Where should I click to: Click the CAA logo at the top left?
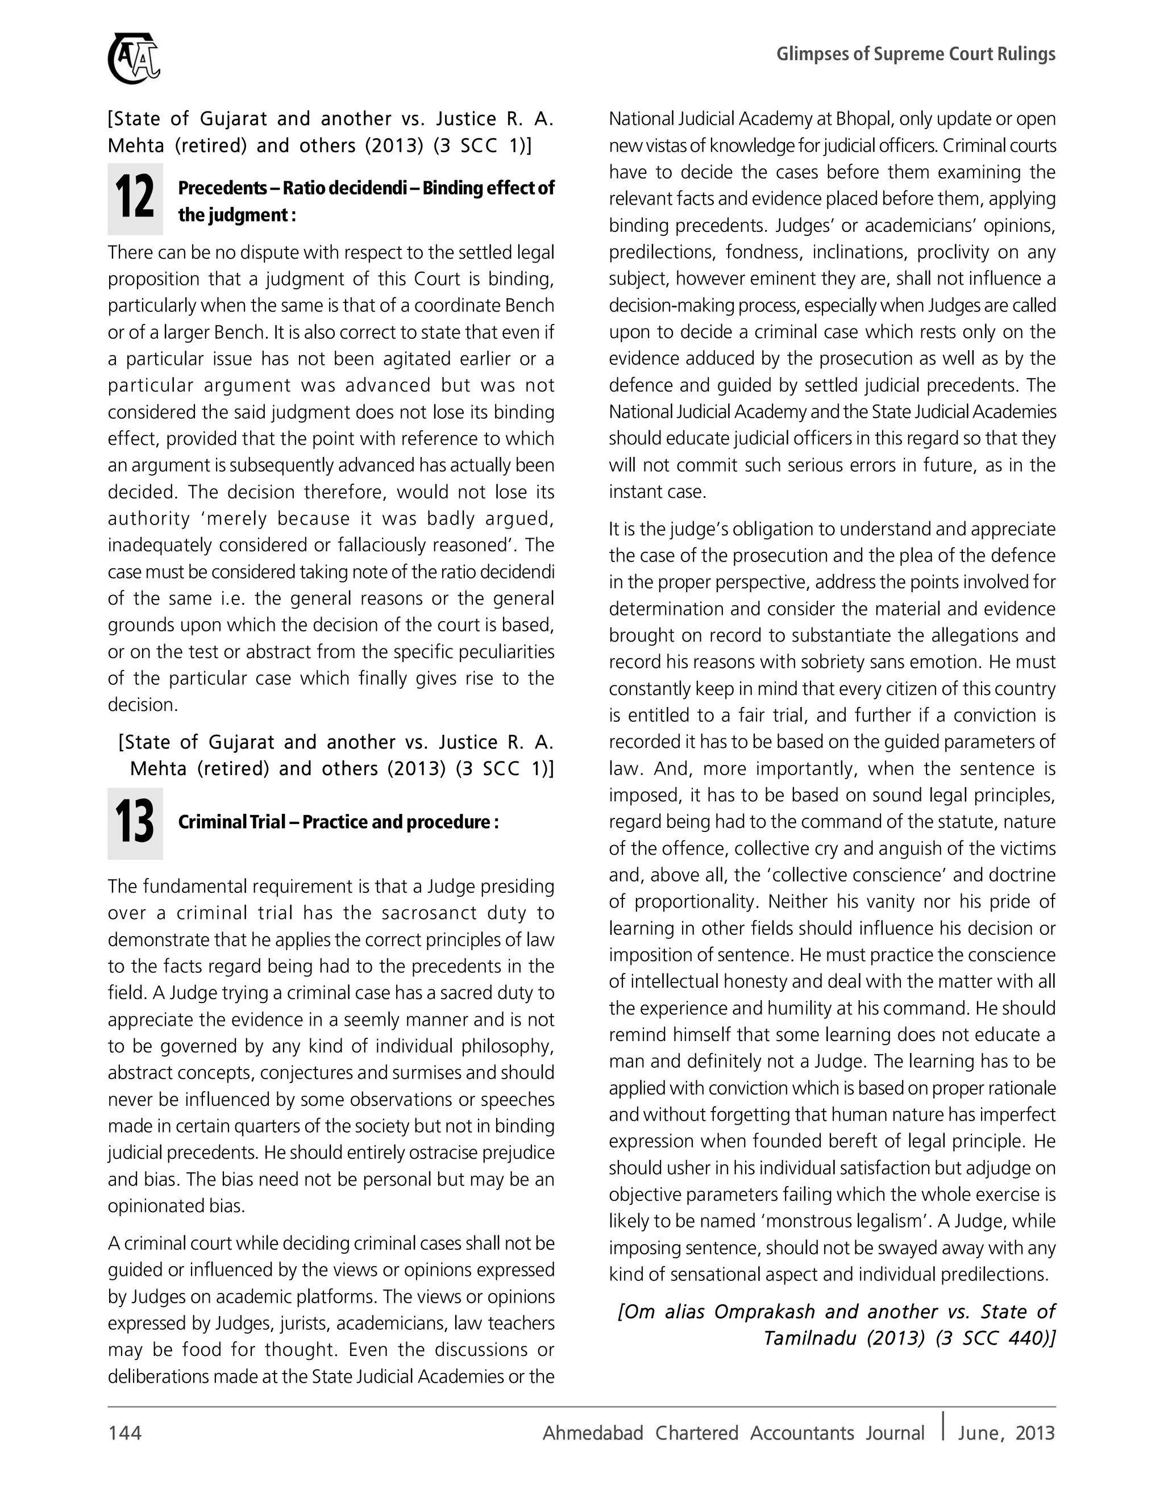(x=134, y=59)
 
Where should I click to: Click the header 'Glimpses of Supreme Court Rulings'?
(x=915, y=54)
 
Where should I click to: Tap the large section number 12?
(x=135, y=198)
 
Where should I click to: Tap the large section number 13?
(x=135, y=823)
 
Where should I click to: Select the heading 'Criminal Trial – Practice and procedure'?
(x=338, y=822)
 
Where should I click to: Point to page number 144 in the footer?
(x=125, y=1433)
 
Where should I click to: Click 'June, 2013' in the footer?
(x=1006, y=1433)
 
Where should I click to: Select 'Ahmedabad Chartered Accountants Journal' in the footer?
(x=733, y=1433)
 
